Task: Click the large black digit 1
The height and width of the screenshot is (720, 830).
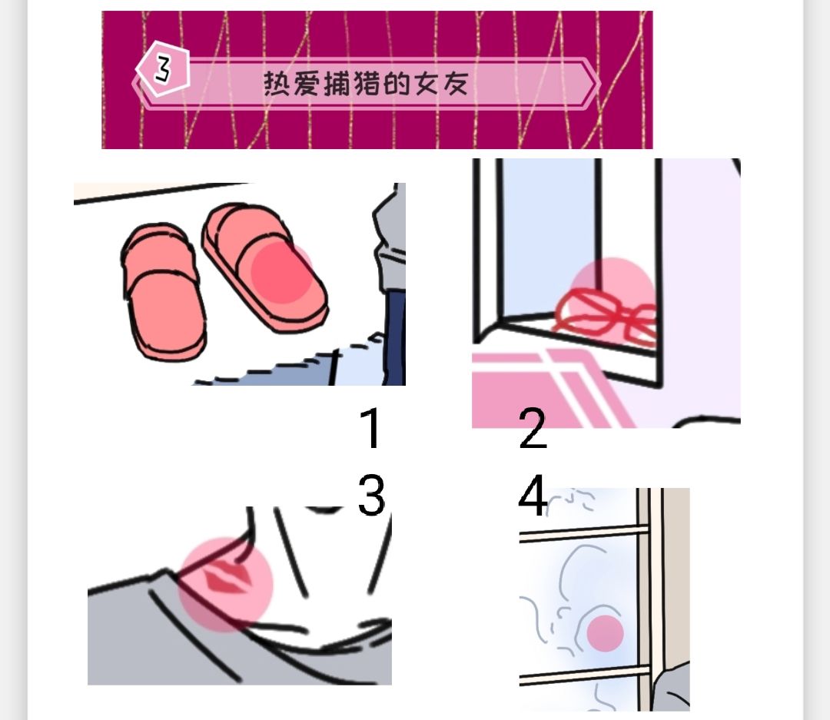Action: coord(371,429)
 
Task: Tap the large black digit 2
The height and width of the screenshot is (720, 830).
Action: coord(533,429)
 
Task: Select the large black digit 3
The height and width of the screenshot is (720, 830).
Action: coord(371,496)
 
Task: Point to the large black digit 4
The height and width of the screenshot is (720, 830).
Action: coord(533,496)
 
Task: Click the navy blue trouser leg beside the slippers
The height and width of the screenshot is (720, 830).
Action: coord(395,338)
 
